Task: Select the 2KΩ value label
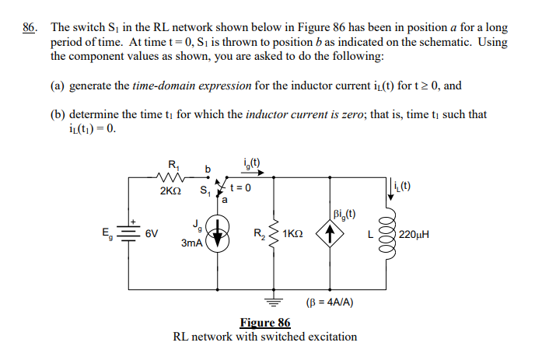(172, 190)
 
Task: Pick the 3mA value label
(192, 243)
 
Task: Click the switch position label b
(208, 167)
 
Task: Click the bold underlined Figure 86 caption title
(265, 323)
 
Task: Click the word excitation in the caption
(327, 337)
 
